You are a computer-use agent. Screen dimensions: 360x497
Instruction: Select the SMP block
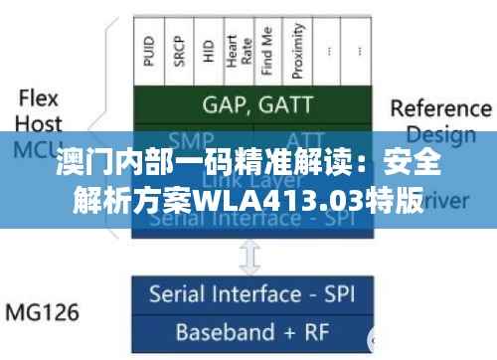193,139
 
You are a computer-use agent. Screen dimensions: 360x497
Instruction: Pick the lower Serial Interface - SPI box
254,294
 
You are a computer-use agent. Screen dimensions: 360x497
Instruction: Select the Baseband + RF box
254,330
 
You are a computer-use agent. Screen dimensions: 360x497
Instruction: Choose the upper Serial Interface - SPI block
254,219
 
